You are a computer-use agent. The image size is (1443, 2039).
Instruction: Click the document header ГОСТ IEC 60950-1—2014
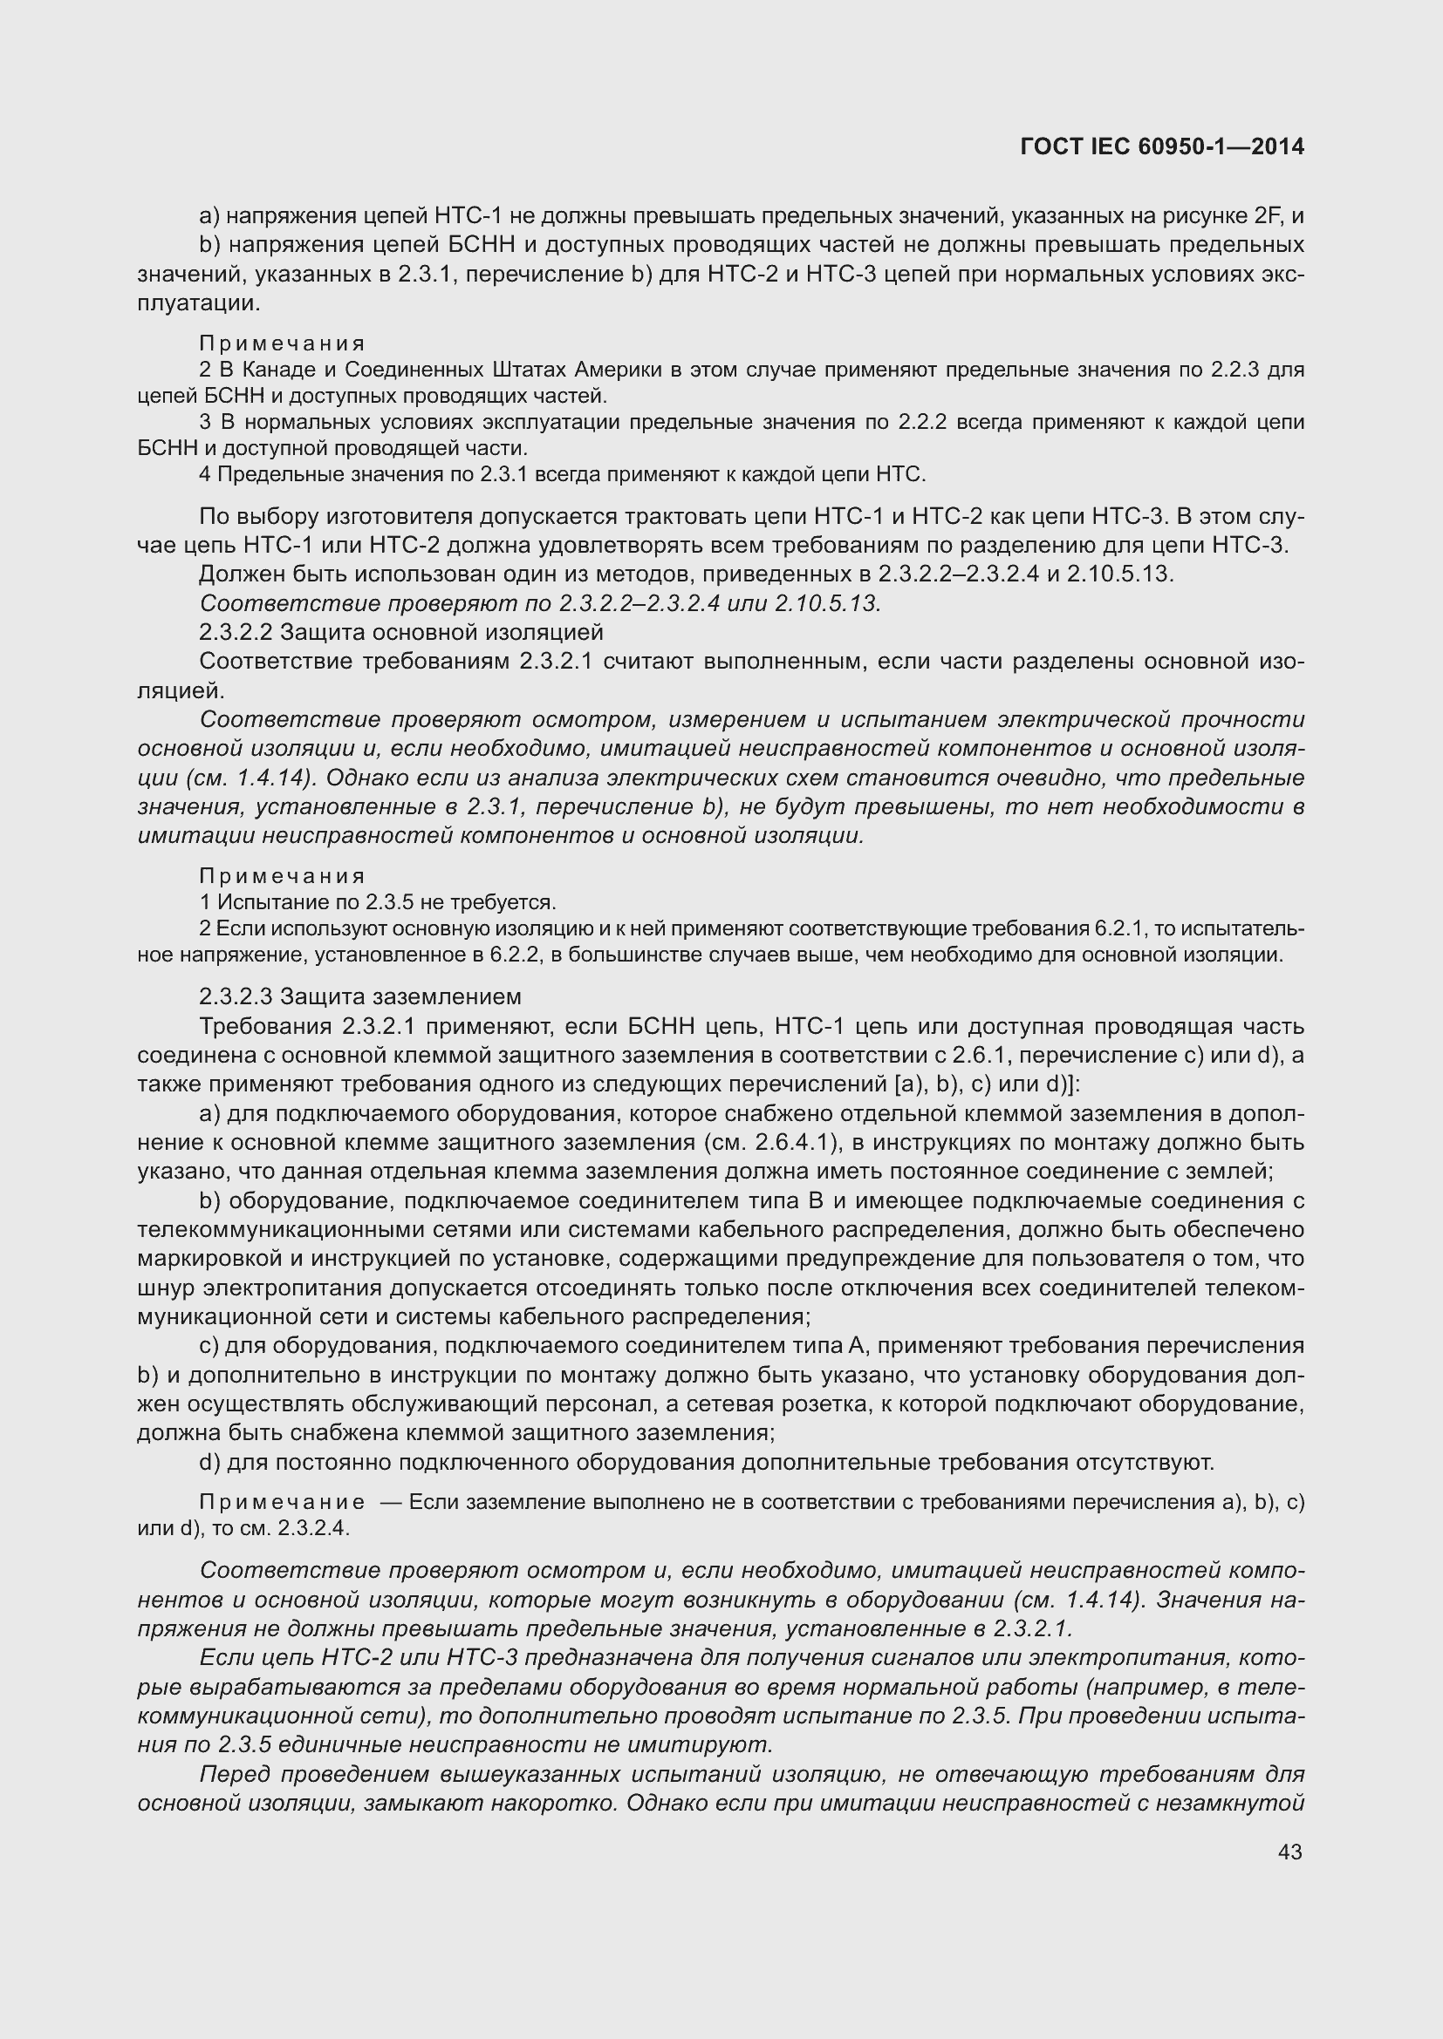1162,147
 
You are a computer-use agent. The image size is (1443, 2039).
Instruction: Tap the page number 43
1290,1852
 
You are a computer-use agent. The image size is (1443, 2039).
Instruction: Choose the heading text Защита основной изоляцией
441,632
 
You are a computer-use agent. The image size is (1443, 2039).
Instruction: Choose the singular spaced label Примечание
282,1503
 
